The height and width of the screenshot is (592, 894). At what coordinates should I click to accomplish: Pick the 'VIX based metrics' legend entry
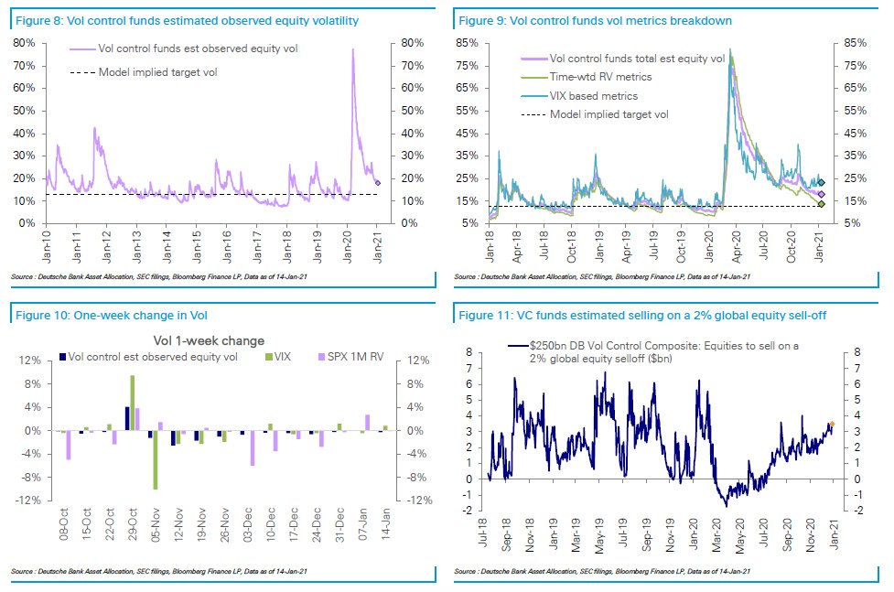(594, 96)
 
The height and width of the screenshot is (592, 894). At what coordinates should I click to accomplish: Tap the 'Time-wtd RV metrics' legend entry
(600, 78)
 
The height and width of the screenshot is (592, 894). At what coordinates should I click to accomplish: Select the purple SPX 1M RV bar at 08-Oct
(69, 445)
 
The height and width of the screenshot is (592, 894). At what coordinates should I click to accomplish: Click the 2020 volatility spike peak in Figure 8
(353, 50)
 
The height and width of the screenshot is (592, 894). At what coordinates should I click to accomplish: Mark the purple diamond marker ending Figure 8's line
(378, 183)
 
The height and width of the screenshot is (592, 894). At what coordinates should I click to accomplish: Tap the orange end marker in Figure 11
(832, 424)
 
